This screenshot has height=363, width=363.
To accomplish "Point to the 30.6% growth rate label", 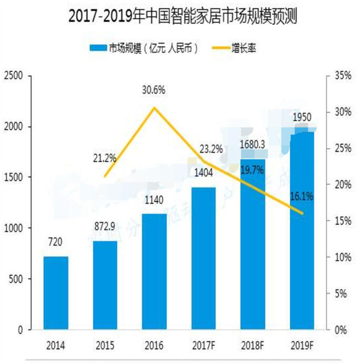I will coord(154,90).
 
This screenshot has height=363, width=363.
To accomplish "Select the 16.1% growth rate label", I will coord(301,196).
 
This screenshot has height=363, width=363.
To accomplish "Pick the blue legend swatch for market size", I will coord(97,48).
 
